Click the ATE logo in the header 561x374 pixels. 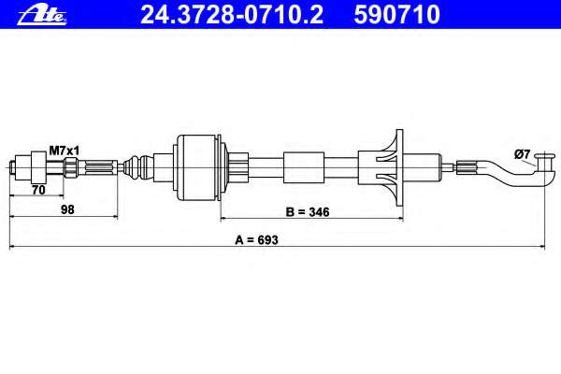pyautogui.click(x=42, y=16)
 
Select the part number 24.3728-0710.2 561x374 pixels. pyautogui.click(x=232, y=15)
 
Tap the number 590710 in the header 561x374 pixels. pyautogui.click(x=396, y=15)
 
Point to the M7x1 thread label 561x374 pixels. pyautogui.click(x=64, y=151)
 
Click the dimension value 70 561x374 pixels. pyautogui.click(x=38, y=190)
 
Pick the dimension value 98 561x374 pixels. pyautogui.click(x=67, y=209)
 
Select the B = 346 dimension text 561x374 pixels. pyautogui.click(x=308, y=212)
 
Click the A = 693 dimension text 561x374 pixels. pyautogui.click(x=256, y=239)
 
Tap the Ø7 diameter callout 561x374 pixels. pyautogui.click(x=522, y=154)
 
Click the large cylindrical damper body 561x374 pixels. pyautogui.click(x=199, y=168)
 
